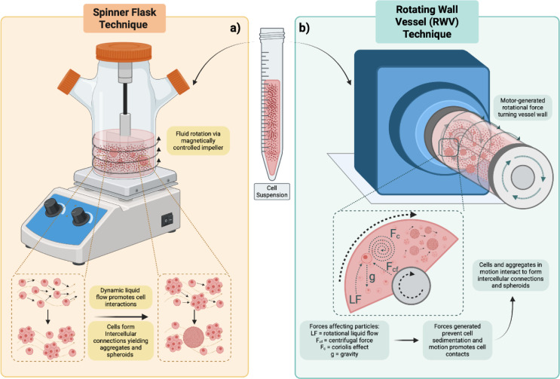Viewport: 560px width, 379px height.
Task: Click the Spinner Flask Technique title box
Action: (124, 18)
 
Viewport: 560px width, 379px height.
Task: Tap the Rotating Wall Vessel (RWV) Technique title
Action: (427, 22)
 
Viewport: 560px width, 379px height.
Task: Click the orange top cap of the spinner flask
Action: (124, 52)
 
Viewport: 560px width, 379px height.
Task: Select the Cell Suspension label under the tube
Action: (272, 191)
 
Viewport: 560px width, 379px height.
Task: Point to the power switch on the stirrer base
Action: (167, 219)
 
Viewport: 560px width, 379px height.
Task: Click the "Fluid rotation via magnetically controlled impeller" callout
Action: (198, 141)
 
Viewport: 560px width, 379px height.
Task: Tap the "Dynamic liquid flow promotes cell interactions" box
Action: (121, 298)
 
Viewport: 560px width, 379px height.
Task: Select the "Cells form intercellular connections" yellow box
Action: (121, 341)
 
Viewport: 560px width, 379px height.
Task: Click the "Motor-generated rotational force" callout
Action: (522, 108)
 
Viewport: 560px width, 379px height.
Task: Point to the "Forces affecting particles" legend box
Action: (344, 340)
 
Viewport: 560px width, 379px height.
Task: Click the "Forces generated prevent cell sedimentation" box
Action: (457, 340)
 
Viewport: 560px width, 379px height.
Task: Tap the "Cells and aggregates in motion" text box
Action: (510, 275)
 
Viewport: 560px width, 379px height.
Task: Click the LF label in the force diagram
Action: (355, 298)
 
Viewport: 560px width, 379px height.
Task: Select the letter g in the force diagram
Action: (372, 277)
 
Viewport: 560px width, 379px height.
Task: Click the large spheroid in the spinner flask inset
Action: (194, 338)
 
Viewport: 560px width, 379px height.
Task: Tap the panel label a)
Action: (235, 29)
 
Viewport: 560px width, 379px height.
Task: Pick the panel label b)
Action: (304, 29)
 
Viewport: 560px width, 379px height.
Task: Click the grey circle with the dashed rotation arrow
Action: (412, 285)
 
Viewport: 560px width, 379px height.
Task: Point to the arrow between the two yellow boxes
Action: (121, 316)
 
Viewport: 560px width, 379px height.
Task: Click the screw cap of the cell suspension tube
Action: (272, 34)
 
